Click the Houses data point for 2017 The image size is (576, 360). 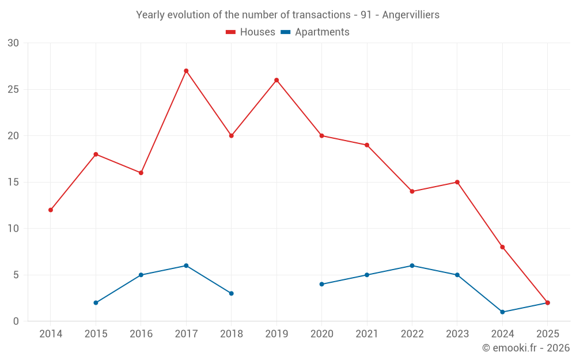pos(186,71)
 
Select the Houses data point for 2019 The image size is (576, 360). pos(276,80)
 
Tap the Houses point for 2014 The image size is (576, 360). pos(51,210)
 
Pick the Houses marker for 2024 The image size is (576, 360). pos(502,247)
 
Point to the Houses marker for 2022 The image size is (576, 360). pos(412,191)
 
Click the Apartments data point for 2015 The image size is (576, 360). pos(96,302)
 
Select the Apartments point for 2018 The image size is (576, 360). pos(231,293)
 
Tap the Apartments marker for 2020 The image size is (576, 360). pos(321,284)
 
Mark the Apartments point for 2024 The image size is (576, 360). pos(502,312)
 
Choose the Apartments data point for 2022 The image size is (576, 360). pos(412,266)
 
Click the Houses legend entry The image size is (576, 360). pos(251,32)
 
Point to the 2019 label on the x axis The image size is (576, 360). pos(276,334)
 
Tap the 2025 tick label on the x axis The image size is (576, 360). pos(548,334)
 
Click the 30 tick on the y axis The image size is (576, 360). pos(13,43)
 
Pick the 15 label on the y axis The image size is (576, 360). pos(13,182)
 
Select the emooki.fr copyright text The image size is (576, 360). pos(526,348)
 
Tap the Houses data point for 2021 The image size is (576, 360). pos(367,145)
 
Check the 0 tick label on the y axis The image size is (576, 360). pos(16,321)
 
